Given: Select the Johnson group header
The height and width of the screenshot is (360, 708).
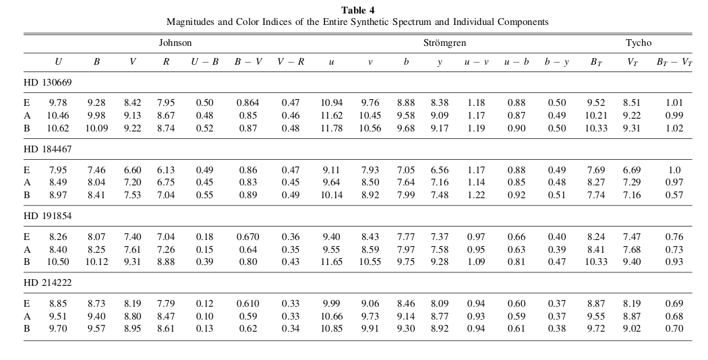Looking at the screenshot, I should [175, 42].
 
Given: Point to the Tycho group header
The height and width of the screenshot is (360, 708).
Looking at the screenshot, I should [638, 42].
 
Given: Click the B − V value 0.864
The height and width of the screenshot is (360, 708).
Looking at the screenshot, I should [247, 103].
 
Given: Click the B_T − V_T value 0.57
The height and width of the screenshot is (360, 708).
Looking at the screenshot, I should [673, 195].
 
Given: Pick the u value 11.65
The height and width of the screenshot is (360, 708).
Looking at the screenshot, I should [331, 262].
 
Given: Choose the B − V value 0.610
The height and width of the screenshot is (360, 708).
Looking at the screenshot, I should [247, 304].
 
